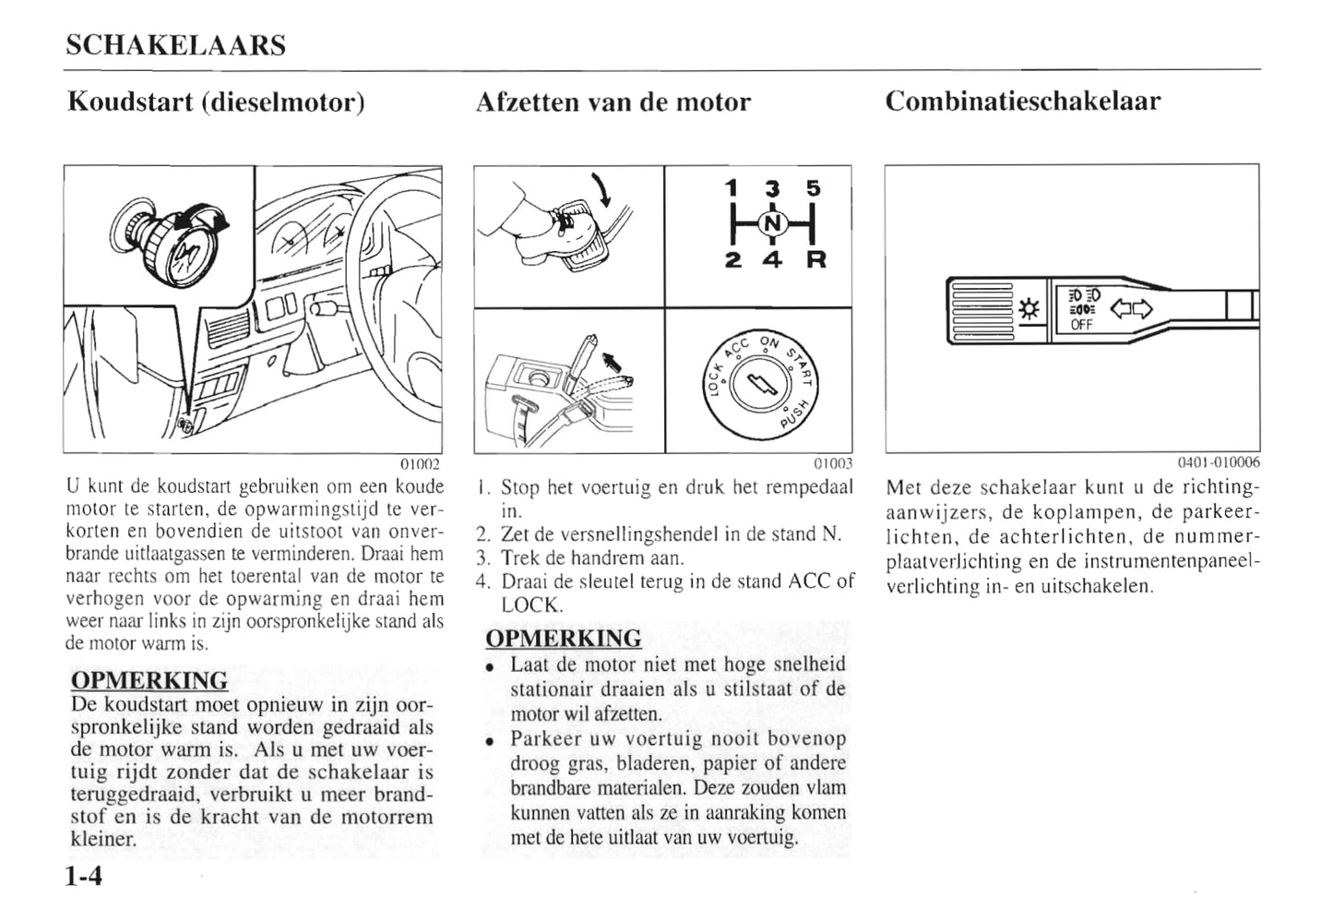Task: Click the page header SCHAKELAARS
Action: [175, 45]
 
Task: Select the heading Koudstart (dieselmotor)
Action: [216, 102]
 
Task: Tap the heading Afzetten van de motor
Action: [613, 102]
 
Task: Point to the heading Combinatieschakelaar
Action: [1022, 101]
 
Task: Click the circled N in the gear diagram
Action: [773, 223]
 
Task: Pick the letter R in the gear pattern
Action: [816, 260]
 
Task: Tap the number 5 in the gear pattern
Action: [813, 188]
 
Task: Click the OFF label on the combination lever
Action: [1081, 325]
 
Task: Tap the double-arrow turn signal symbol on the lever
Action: [1131, 309]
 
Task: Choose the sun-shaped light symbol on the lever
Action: [1030, 309]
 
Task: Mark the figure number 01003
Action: [833, 463]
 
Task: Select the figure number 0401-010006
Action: [1218, 463]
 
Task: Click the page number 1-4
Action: [84, 876]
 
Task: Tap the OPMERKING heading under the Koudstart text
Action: [149, 681]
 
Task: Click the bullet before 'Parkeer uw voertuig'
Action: [493, 741]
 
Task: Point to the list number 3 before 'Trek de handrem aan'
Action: [482, 558]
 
